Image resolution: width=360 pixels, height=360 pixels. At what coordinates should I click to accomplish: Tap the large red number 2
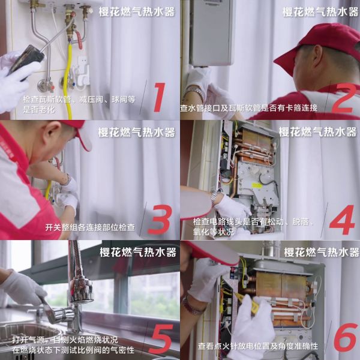click(343, 98)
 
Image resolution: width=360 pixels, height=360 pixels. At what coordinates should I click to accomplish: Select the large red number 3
click(160, 219)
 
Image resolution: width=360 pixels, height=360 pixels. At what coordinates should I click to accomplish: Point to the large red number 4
click(342, 220)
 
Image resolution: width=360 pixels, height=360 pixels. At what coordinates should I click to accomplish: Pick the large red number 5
click(161, 339)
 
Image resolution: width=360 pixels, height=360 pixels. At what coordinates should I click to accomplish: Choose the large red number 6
click(346, 337)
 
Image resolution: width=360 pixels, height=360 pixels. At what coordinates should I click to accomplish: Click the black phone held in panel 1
click(26, 60)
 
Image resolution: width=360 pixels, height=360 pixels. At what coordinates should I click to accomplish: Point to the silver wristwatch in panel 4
click(215, 198)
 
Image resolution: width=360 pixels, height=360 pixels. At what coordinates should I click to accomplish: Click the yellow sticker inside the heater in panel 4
click(256, 185)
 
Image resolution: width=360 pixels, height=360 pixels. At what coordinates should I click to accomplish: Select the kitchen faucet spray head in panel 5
click(81, 290)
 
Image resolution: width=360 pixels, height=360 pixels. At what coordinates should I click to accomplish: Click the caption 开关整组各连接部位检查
click(90, 227)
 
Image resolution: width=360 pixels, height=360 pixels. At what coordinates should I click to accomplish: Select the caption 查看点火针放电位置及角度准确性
click(258, 346)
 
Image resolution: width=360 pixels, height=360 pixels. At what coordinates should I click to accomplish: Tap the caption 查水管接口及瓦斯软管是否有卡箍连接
click(249, 108)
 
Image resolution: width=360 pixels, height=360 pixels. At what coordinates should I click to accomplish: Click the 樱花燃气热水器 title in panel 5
click(138, 252)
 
